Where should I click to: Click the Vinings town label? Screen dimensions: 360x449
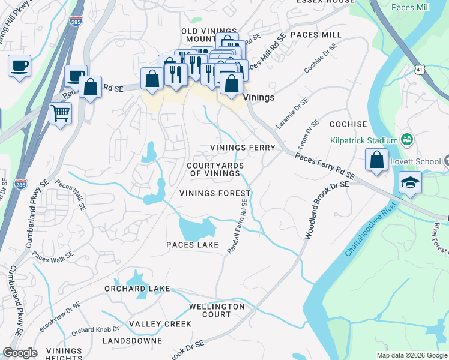[259, 97]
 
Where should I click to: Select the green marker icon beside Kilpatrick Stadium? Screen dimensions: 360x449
[408, 139]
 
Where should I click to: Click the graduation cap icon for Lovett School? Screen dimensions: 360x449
[410, 182]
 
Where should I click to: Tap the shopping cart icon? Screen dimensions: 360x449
[60, 113]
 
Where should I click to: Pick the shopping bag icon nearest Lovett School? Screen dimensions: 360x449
[376, 161]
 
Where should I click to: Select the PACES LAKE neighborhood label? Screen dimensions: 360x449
[192, 245]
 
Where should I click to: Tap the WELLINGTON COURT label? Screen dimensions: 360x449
[217, 310]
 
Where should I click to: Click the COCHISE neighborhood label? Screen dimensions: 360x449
[348, 124]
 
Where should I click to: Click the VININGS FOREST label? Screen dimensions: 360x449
[214, 193]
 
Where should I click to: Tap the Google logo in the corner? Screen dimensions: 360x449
[20, 353]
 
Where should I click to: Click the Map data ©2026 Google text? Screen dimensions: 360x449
[412, 355]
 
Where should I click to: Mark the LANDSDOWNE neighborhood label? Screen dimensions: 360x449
[132, 341]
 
